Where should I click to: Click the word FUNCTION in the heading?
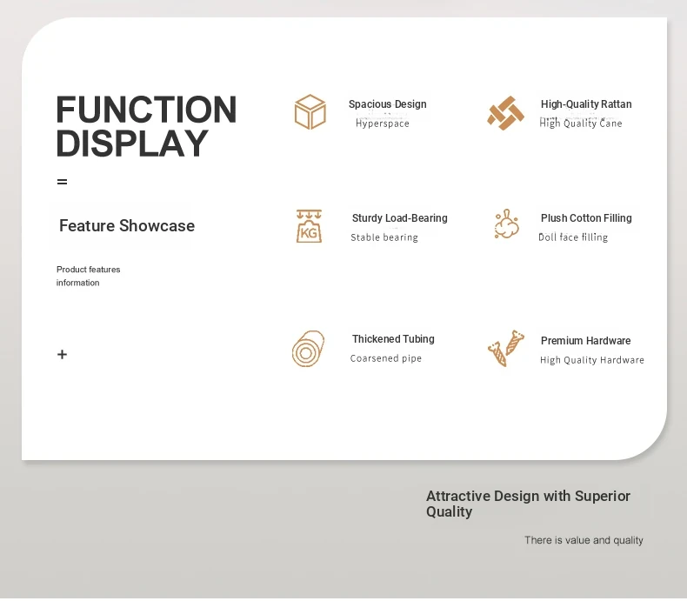tap(146, 110)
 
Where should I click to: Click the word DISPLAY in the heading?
tap(132, 144)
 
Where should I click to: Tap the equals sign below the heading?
tap(63, 182)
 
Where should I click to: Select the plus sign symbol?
tap(63, 354)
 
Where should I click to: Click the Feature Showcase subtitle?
tap(127, 225)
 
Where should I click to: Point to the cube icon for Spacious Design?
tap(310, 111)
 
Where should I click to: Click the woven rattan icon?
tap(505, 113)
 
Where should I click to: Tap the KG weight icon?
tap(309, 226)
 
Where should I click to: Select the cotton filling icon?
tap(507, 224)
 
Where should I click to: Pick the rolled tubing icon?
tap(309, 349)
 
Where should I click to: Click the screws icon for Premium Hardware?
tap(506, 348)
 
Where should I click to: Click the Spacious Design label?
tap(387, 104)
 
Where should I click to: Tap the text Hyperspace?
tap(383, 124)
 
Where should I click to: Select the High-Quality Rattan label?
tap(586, 104)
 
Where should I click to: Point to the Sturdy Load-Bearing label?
tap(399, 218)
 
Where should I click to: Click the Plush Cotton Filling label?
tap(586, 218)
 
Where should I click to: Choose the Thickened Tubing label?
tap(393, 339)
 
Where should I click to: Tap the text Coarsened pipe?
tap(386, 358)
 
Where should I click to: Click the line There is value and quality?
tap(584, 540)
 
